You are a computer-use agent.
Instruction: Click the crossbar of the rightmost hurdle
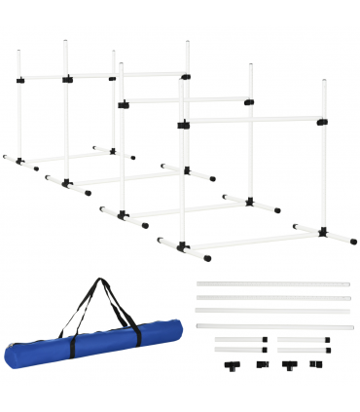click(x=253, y=121)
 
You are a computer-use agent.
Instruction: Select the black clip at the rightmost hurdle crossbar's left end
click(x=181, y=123)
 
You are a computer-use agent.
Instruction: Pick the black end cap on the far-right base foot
click(x=353, y=241)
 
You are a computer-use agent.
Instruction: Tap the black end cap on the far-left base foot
click(x=4, y=156)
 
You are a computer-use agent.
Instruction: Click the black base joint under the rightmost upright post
click(x=321, y=232)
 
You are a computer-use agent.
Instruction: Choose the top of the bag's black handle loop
click(x=98, y=282)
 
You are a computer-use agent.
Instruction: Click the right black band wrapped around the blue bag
click(x=137, y=334)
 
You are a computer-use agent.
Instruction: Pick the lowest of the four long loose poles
click(x=273, y=326)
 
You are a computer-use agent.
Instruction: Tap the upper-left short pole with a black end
click(x=239, y=340)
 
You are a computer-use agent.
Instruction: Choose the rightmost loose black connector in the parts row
click(x=315, y=364)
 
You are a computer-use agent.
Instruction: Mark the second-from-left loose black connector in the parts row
click(x=262, y=364)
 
